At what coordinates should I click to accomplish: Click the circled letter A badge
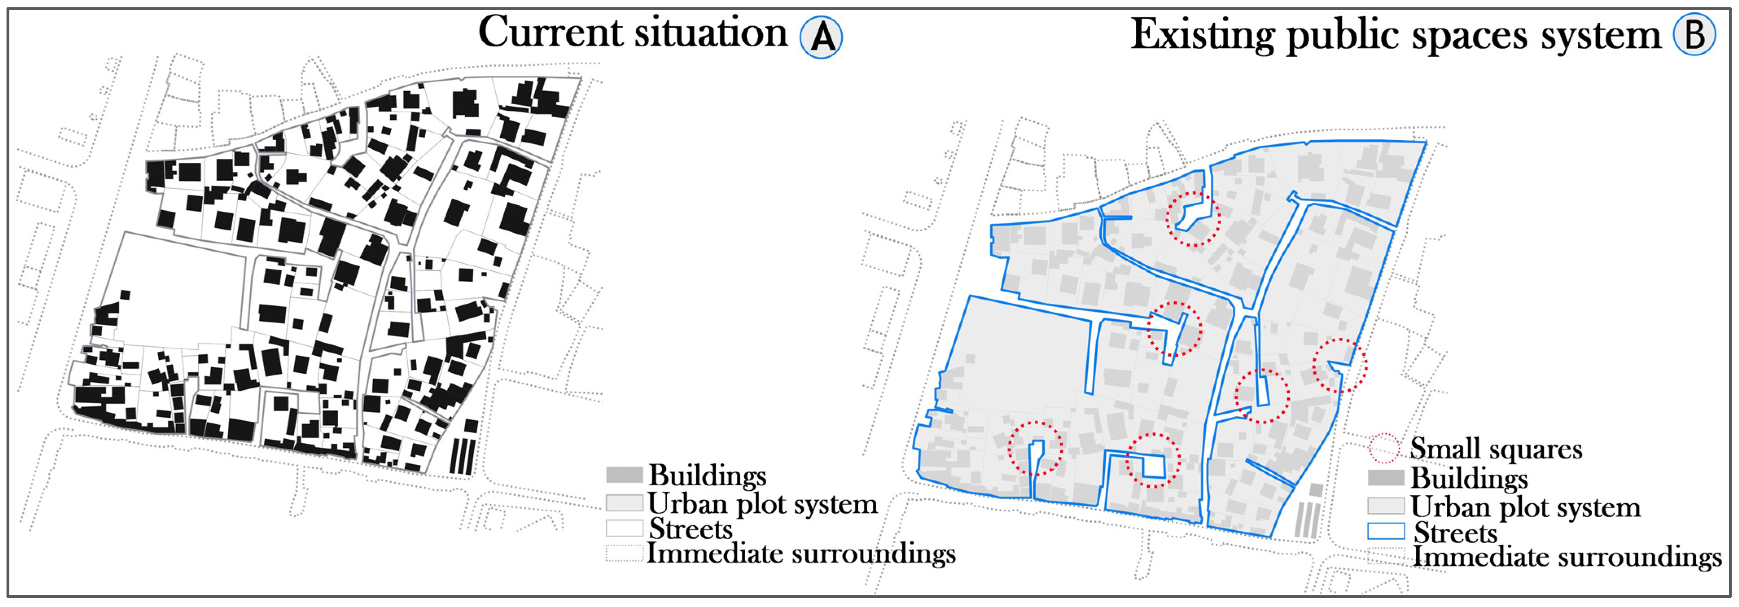coord(821,37)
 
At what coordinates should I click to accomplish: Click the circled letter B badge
coord(1694,35)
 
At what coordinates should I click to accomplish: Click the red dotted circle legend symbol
coord(1385,448)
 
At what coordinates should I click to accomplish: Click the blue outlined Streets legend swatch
coord(1385,531)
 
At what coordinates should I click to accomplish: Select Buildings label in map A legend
coord(707,476)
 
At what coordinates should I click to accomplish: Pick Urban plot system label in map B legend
coord(1525,506)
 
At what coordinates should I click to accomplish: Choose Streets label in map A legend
coord(690,529)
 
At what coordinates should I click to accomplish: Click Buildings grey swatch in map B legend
coord(1385,478)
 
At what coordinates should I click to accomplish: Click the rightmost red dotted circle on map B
coord(1340,365)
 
